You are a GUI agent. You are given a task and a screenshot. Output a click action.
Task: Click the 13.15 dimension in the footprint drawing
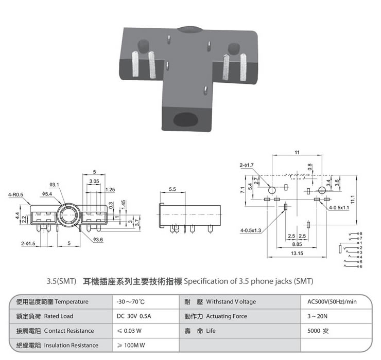296,253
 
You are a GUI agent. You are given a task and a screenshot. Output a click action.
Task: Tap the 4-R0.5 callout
15,195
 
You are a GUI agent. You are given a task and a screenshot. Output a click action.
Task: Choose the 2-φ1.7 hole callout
247,165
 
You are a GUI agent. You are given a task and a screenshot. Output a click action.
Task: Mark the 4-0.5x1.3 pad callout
251,230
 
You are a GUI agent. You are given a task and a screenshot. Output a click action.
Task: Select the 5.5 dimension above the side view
172,190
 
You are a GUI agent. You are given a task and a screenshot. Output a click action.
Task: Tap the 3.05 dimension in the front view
94,182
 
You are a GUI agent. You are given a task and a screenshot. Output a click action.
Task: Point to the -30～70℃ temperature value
131,302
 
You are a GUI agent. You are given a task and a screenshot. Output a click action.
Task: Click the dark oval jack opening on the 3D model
185,119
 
